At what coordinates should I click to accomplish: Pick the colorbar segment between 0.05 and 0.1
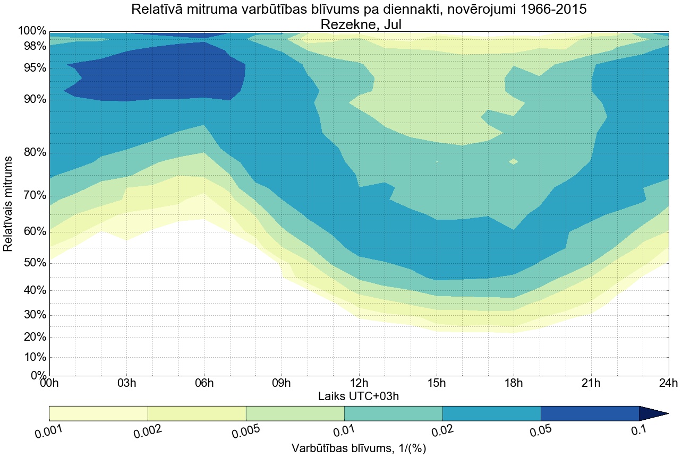coord(590,413)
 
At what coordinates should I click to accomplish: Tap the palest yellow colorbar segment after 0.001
coord(98,413)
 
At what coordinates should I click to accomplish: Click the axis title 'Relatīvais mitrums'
coord(8,204)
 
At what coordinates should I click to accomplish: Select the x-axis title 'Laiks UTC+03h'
coord(359,396)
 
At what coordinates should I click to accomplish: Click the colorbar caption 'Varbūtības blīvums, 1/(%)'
coord(359,448)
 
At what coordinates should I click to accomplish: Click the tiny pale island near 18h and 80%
coord(513,161)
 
